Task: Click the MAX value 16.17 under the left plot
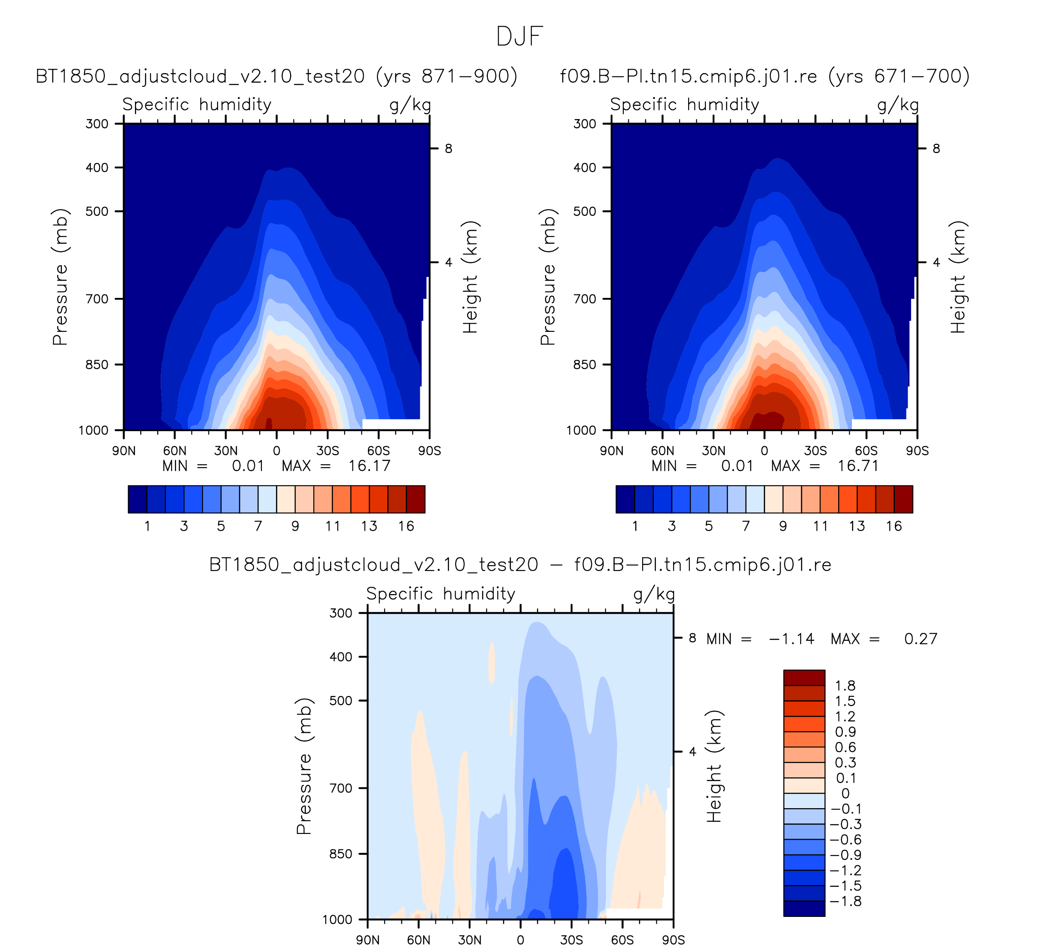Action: tap(369, 466)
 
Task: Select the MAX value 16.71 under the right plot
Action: tap(858, 466)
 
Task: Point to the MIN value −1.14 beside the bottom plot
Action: tap(792, 639)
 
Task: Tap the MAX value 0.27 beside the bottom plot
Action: tap(921, 639)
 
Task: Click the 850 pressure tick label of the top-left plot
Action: tap(97, 365)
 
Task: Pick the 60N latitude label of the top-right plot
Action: tap(662, 451)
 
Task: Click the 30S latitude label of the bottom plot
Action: tap(572, 940)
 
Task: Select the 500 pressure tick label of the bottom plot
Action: tap(341, 701)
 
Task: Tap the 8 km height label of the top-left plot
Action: tap(448, 149)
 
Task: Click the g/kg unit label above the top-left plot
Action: tap(410, 105)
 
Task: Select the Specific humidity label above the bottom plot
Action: tap(441, 594)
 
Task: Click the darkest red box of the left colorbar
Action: tap(416, 500)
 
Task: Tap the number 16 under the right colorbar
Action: tap(894, 526)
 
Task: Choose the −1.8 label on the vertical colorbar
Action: tap(845, 901)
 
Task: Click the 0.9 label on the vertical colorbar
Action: tap(845, 732)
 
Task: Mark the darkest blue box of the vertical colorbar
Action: tap(804, 909)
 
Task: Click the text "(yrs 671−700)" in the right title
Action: tap(898, 77)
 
